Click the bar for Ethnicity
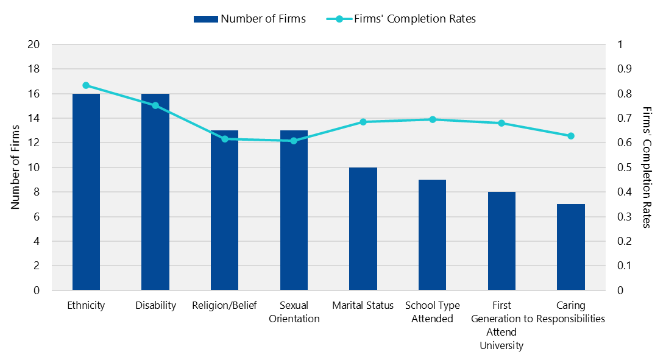[x=86, y=192]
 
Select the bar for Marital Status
[x=363, y=228]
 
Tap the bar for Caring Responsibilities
[x=571, y=247]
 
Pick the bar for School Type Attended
[x=432, y=235]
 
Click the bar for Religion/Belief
[x=224, y=210]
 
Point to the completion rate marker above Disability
[x=155, y=105]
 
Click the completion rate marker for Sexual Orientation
[x=294, y=141]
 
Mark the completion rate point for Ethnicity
[x=86, y=85]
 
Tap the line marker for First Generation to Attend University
[x=501, y=123]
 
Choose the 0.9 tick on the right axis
[x=624, y=69]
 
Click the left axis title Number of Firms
[x=15, y=167]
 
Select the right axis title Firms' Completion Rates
[x=647, y=167]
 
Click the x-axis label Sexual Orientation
[x=294, y=312]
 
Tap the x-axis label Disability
[x=155, y=305]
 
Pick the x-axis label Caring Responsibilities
[x=571, y=312]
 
